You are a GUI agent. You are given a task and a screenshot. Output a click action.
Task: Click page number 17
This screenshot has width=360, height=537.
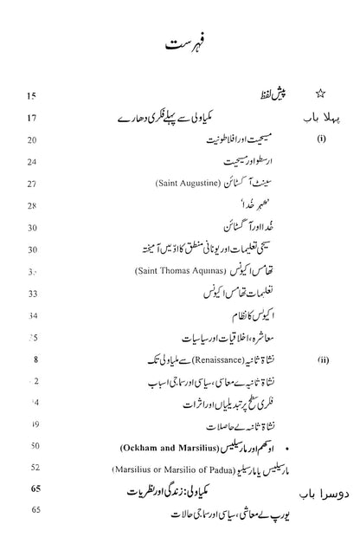(x=33, y=116)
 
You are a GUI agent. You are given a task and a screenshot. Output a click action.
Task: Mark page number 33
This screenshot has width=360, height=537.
(x=33, y=294)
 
